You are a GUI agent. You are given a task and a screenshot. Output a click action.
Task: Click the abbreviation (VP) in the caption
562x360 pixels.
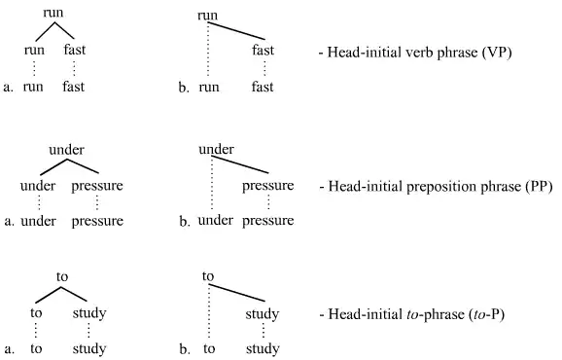[x=495, y=52]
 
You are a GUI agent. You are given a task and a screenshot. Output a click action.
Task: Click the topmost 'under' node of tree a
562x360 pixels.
[x=67, y=149]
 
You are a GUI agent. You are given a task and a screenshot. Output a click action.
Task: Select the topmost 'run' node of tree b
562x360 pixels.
[x=207, y=16]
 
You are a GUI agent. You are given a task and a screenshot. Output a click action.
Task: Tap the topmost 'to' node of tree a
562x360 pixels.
[x=62, y=277]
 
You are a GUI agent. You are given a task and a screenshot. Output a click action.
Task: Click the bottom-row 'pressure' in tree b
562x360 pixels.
[x=267, y=221]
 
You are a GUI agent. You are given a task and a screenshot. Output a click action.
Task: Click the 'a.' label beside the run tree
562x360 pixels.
[x=8, y=87]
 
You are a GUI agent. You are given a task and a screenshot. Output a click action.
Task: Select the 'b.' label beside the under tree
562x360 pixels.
[x=185, y=222]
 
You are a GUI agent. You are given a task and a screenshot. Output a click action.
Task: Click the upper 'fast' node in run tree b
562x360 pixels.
[x=263, y=51]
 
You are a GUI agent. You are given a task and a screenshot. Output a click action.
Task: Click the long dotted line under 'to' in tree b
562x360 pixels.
[x=209, y=311]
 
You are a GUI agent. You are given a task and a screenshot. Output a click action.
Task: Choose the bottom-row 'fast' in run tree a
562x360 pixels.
[x=73, y=87]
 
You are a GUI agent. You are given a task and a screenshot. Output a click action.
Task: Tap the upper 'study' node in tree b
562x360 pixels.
[x=262, y=314]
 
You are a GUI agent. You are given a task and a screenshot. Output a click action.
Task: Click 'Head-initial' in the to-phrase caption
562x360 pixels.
[x=358, y=315]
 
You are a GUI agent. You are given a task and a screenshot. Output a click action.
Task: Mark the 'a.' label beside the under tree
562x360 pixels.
[x=8, y=222]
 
